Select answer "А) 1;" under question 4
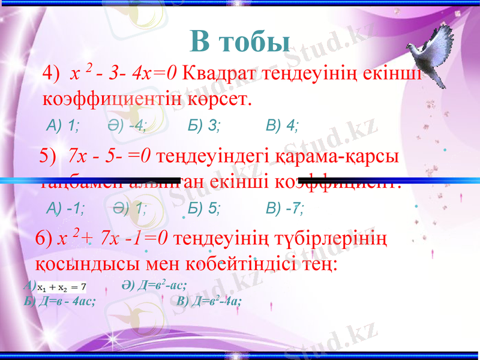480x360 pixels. [64, 125]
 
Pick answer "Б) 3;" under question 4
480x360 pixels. [204, 125]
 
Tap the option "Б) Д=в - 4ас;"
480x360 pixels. [60, 301]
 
